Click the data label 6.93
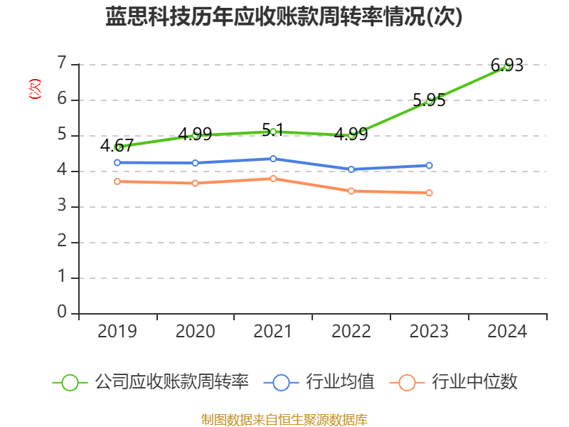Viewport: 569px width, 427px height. pyautogui.click(x=508, y=65)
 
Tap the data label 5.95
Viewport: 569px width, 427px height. pyautogui.click(x=429, y=100)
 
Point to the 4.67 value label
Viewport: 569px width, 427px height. pyautogui.click(x=117, y=146)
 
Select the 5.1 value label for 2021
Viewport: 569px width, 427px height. pyautogui.click(x=272, y=130)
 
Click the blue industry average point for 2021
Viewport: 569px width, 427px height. pyautogui.click(x=273, y=159)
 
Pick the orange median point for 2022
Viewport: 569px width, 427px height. pyautogui.click(x=351, y=191)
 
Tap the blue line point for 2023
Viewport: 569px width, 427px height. pyautogui.click(x=429, y=165)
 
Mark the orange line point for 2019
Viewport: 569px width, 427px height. pyautogui.click(x=117, y=181)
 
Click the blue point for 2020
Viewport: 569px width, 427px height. pyautogui.click(x=195, y=163)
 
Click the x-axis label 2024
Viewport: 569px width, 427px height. pyautogui.click(x=507, y=332)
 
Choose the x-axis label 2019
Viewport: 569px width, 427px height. pyautogui.click(x=117, y=332)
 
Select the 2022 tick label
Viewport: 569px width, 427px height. pyautogui.click(x=351, y=332)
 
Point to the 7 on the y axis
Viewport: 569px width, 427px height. pyautogui.click(x=62, y=64)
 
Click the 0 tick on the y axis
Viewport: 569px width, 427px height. pyautogui.click(x=62, y=313)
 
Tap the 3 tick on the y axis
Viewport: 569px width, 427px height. pyautogui.click(x=62, y=206)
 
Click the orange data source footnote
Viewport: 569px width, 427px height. pyautogui.click(x=284, y=419)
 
